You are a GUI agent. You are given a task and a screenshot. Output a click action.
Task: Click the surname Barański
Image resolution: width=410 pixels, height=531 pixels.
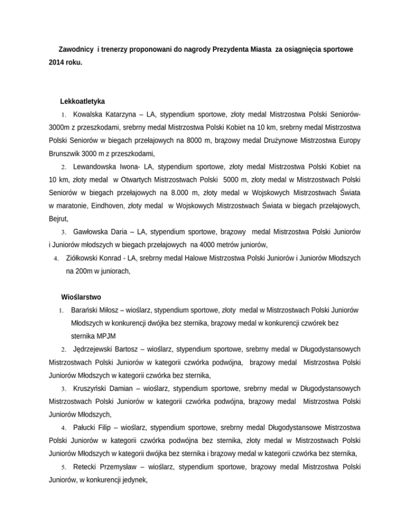[x=87, y=311]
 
